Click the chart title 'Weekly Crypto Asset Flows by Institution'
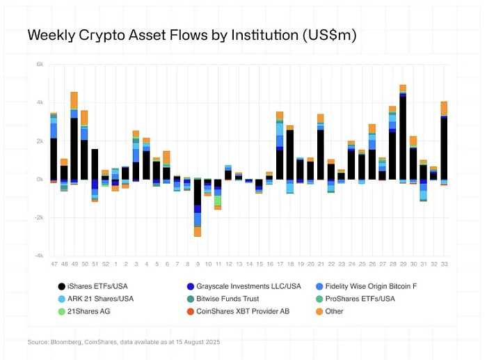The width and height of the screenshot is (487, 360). pos(191,36)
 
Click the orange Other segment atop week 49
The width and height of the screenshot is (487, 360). pos(74,100)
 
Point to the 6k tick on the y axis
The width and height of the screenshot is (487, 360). pos(40,64)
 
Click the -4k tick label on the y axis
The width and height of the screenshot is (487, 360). pos(40,256)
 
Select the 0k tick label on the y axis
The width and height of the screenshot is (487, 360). pos(40,179)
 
